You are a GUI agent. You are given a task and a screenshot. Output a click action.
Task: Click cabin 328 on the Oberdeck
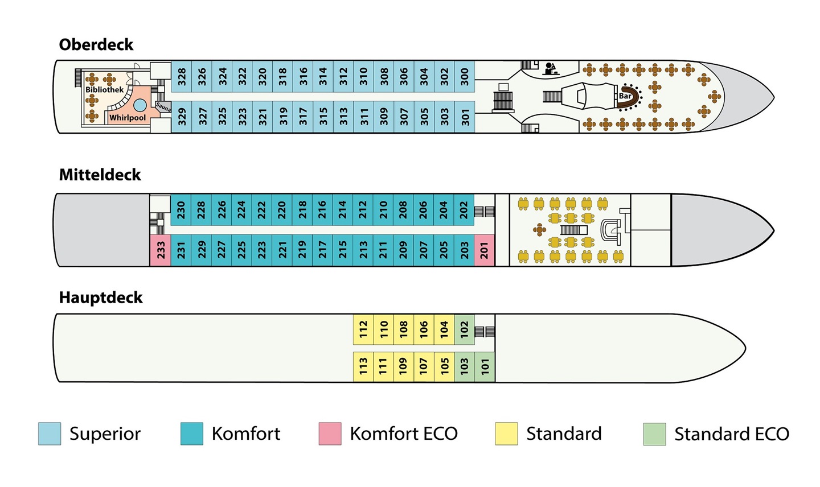point(181,76)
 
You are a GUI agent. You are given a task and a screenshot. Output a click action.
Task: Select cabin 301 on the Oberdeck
point(465,117)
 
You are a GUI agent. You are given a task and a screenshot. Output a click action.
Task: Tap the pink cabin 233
point(161,250)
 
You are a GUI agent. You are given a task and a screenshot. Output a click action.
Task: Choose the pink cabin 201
point(484,250)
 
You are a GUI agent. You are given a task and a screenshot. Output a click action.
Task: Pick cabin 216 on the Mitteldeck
point(322,209)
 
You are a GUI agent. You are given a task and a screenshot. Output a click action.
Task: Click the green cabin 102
point(464,329)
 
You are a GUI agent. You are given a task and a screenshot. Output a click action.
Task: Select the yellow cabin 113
point(363,367)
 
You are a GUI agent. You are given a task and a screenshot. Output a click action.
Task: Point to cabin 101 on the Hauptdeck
point(485,367)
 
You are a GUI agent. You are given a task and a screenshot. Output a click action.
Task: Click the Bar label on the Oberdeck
point(625,96)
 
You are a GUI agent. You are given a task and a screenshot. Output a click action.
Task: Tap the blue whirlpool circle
point(140,105)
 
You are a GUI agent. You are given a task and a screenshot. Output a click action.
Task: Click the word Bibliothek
point(104,89)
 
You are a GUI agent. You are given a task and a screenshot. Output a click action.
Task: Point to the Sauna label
point(163,107)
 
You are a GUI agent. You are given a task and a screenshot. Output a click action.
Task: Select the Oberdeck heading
point(96,44)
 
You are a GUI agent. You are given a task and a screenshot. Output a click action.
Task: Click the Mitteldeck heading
point(100,175)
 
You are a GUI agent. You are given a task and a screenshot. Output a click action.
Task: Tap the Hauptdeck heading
point(101,298)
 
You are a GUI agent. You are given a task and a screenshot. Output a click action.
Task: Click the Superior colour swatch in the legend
point(50,434)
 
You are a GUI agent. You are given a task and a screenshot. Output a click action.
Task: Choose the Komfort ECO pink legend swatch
point(330,434)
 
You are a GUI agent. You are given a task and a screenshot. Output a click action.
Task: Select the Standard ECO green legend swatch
point(654,434)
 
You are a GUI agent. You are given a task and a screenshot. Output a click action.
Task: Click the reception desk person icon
point(550,69)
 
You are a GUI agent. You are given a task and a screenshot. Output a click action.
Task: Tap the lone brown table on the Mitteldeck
point(539,230)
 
